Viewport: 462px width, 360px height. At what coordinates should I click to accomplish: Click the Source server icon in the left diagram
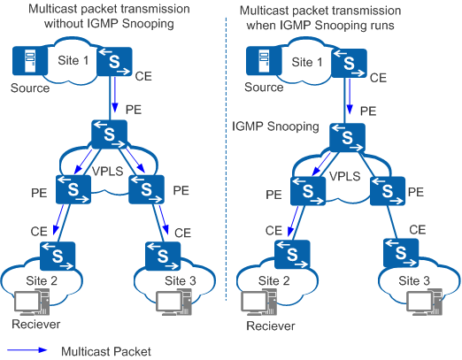[x=30, y=61]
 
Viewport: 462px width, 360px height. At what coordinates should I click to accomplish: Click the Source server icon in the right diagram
[x=264, y=61]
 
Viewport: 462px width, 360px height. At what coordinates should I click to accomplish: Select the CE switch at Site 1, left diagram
[x=114, y=62]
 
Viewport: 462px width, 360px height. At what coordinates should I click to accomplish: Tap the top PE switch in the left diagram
[x=110, y=134]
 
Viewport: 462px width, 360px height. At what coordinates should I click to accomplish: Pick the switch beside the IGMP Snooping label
[x=348, y=137]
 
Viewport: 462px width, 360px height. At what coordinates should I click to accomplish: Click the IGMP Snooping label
[x=275, y=126]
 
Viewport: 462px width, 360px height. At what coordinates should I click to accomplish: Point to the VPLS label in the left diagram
[x=107, y=171]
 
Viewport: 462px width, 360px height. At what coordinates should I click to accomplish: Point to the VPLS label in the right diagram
[x=344, y=176]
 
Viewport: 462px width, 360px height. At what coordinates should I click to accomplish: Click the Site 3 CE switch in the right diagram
[x=401, y=253]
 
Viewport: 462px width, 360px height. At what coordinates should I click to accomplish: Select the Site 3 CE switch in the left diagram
[x=163, y=256]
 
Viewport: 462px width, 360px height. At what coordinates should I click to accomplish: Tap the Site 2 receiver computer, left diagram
[x=32, y=302]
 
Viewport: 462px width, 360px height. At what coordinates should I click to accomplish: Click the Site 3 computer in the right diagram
[x=425, y=302]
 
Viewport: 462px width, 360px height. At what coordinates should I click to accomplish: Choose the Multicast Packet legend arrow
[x=27, y=350]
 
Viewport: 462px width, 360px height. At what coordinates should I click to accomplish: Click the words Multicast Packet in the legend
[x=106, y=351]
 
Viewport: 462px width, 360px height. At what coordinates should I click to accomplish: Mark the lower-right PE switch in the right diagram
[x=388, y=191]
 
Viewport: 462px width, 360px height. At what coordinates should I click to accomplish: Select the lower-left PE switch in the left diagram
[x=73, y=189]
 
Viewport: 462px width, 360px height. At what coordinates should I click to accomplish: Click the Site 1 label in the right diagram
[x=307, y=62]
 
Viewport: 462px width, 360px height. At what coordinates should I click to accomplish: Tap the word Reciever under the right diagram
[x=271, y=326]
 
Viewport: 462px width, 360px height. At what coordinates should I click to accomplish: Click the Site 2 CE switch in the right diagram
[x=292, y=254]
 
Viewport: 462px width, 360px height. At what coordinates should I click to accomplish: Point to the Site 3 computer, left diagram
[x=173, y=302]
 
